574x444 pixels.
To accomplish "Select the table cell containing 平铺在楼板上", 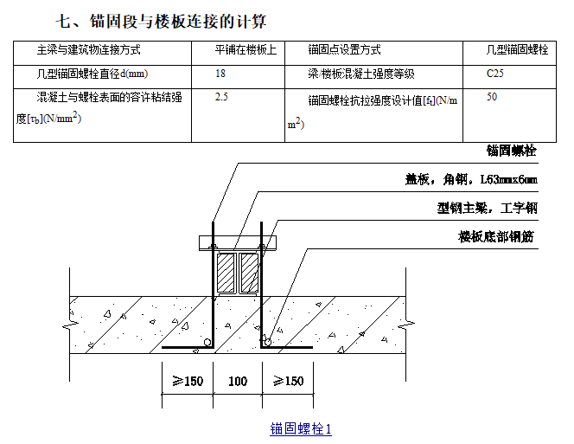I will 246,50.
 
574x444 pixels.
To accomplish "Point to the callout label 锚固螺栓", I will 511,151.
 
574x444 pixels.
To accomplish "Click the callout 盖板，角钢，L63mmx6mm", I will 471,179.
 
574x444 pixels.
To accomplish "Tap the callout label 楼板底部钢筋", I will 497,235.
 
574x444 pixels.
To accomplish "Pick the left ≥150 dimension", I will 187,382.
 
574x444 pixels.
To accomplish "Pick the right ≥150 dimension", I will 288,382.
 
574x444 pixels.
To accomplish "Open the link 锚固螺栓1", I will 300,428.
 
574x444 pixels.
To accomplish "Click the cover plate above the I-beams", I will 238,241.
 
